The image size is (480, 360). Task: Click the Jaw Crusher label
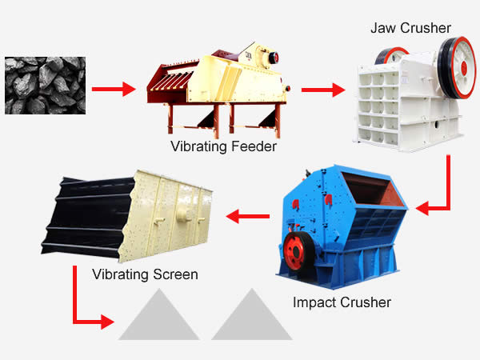(x=411, y=28)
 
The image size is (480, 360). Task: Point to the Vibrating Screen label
(x=145, y=274)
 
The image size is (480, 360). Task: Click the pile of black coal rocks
(x=41, y=84)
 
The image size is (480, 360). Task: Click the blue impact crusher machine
(x=340, y=224)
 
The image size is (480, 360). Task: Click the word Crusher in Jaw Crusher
(x=429, y=28)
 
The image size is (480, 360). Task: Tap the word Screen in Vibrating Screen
(x=176, y=274)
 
